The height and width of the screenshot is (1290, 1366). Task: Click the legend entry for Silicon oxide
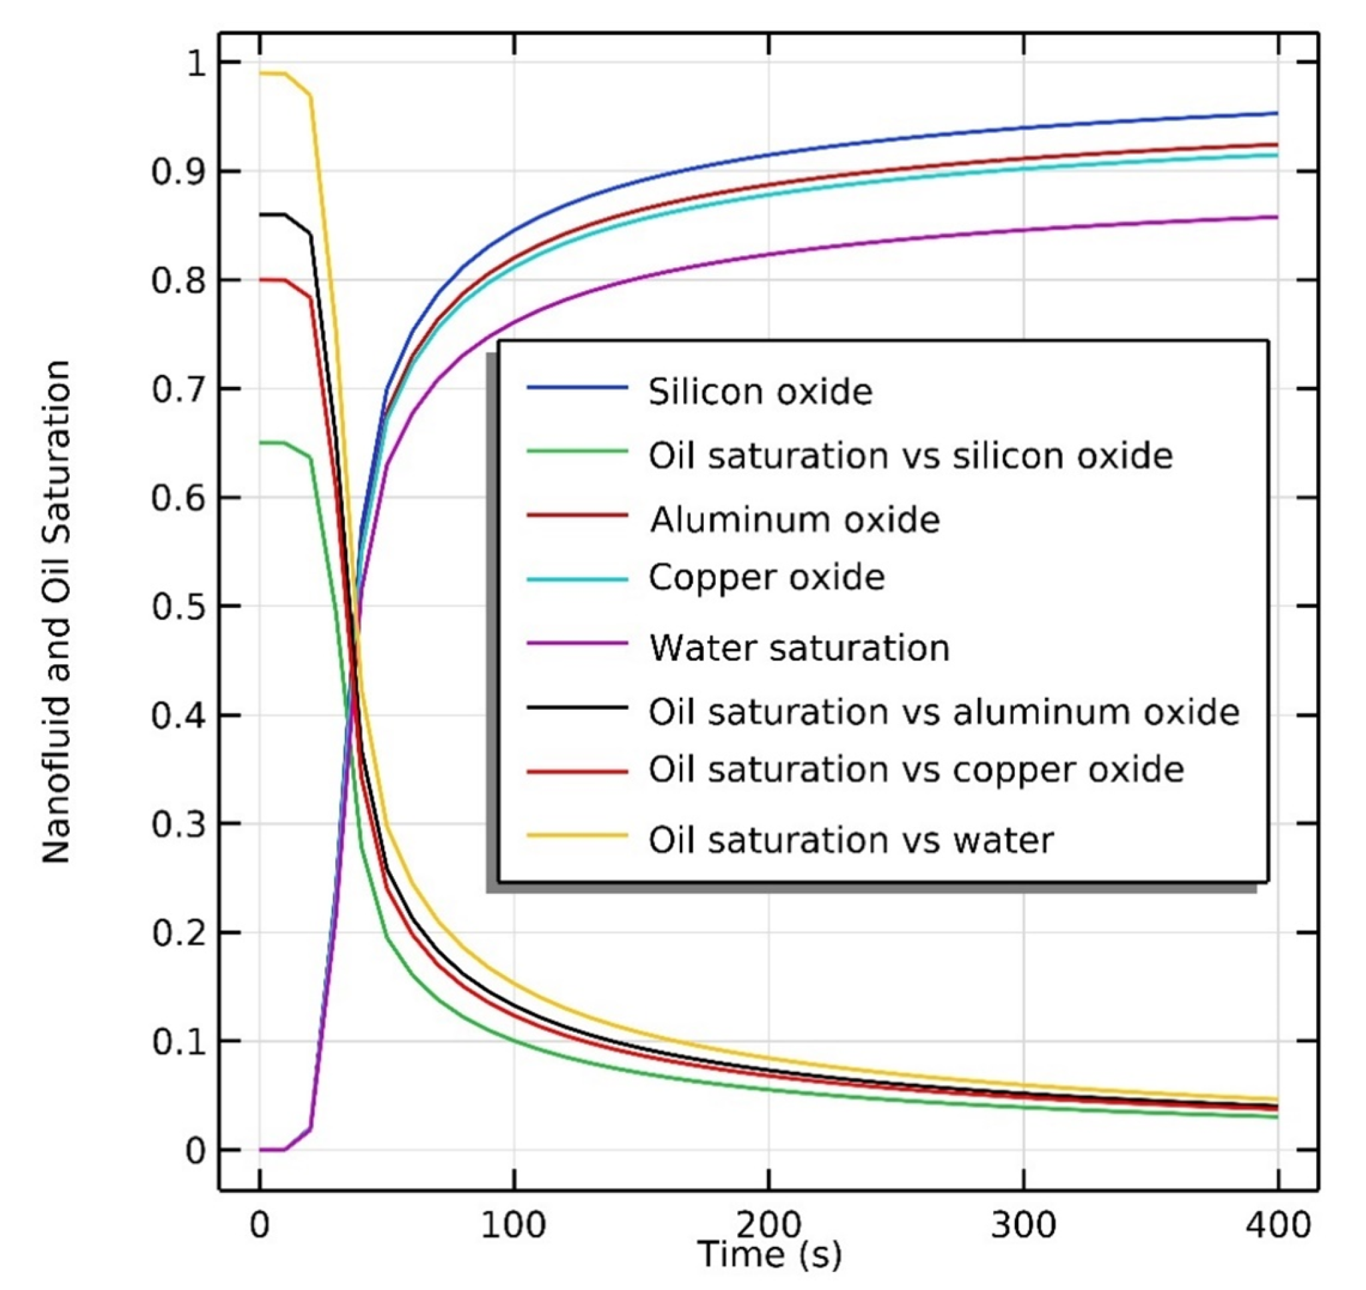[x=760, y=392]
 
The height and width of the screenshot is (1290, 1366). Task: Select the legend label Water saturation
[x=799, y=648]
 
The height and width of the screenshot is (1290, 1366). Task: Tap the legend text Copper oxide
[x=766, y=578]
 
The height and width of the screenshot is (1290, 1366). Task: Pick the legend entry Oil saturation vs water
[x=851, y=840]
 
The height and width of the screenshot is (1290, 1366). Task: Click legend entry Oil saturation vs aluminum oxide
[x=944, y=712]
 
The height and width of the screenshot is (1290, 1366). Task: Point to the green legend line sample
[x=577, y=452]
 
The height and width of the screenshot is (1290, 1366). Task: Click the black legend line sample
[x=577, y=708]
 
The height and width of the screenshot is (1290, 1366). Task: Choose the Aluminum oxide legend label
[x=794, y=520]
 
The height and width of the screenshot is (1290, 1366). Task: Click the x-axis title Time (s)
[x=769, y=1253]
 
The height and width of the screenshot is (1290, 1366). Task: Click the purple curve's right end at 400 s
[x=1276, y=217]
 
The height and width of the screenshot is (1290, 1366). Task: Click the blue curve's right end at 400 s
[x=1276, y=114]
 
